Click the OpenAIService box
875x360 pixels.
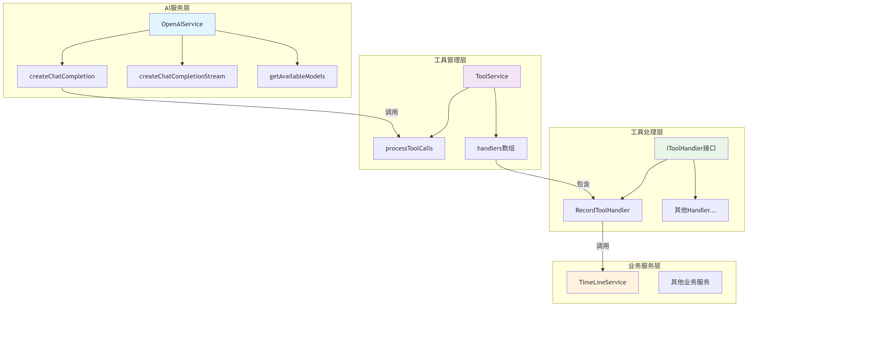[x=182, y=24]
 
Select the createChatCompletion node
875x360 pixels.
[x=62, y=76]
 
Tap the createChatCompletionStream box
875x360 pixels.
[x=182, y=76]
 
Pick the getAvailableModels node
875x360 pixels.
[x=297, y=76]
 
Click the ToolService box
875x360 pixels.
[x=492, y=76]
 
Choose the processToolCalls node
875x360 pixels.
[x=409, y=148]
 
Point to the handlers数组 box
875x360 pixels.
[x=496, y=148]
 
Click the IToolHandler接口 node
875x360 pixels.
[x=691, y=148]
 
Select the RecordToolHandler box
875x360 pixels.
[x=603, y=210]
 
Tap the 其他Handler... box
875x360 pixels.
[x=695, y=210]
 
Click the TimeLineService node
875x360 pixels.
[x=603, y=282]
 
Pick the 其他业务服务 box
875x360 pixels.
[x=690, y=282]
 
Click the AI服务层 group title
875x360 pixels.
[x=177, y=8]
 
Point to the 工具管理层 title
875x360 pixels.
[x=450, y=60]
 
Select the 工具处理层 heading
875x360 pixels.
[x=647, y=132]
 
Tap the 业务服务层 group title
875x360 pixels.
[x=644, y=266]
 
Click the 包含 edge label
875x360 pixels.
[x=583, y=184]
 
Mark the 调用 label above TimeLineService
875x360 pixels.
[x=603, y=246]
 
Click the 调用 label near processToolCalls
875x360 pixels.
[x=391, y=112]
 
